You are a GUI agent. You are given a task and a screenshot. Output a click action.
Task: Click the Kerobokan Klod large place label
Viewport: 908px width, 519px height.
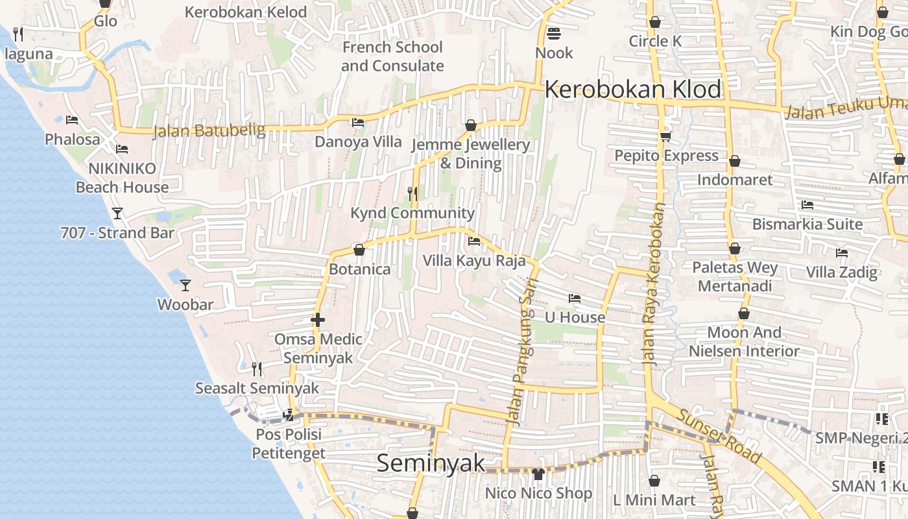pos(632,90)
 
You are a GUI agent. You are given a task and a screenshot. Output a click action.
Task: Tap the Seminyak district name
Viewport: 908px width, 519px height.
pos(431,463)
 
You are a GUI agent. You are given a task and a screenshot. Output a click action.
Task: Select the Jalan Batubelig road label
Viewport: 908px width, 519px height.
pos(209,131)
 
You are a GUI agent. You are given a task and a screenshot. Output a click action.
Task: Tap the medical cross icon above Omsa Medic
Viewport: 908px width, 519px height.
pos(318,320)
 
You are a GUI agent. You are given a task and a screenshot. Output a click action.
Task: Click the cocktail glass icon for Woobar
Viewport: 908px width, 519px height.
pos(185,285)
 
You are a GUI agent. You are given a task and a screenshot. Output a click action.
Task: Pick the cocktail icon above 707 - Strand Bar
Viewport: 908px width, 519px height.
pos(117,213)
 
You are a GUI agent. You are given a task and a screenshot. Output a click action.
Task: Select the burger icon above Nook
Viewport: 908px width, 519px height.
pos(554,32)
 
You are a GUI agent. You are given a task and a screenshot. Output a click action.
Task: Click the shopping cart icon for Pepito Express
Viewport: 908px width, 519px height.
pos(666,136)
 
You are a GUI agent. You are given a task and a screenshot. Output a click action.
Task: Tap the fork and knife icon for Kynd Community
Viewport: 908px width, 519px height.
pos(412,193)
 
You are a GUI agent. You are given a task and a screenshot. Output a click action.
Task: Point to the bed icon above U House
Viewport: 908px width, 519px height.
pos(575,298)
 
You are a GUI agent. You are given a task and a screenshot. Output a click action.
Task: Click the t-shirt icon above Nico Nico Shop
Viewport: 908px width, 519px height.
pos(538,474)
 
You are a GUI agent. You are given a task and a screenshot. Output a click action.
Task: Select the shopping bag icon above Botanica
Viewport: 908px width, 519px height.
pos(359,250)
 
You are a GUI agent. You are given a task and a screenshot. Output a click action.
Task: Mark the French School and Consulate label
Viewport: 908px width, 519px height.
pos(392,56)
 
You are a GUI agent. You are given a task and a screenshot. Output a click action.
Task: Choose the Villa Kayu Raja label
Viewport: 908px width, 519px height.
pos(474,261)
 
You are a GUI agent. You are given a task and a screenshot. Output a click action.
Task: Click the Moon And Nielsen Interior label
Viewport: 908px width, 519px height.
pos(744,342)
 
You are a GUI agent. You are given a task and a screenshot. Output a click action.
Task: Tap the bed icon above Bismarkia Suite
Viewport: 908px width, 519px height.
pos(807,205)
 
